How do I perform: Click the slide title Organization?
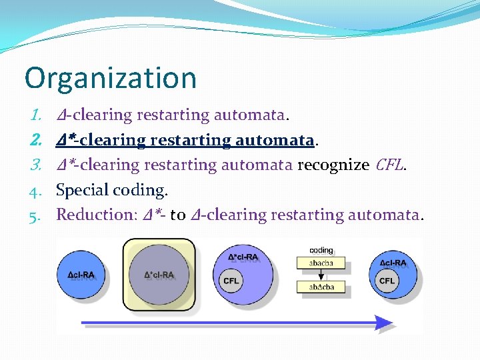click(x=111, y=78)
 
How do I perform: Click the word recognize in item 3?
click(x=331, y=165)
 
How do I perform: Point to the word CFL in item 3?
click(x=389, y=165)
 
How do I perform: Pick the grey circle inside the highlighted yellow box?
click(x=159, y=274)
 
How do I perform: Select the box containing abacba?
click(x=321, y=263)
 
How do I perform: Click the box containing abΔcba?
click(x=321, y=287)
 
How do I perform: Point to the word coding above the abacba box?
click(x=321, y=251)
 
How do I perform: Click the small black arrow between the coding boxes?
click(x=321, y=275)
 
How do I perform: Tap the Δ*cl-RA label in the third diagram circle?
click(x=243, y=257)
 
